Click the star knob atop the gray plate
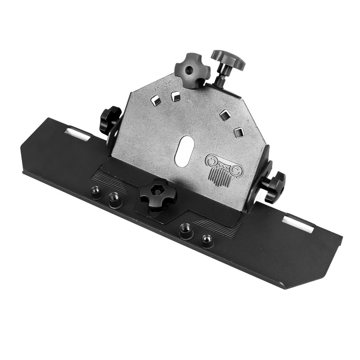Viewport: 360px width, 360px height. [x=192, y=70]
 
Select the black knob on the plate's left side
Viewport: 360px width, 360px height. [x=109, y=119]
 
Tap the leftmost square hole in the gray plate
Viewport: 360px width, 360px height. [x=156, y=100]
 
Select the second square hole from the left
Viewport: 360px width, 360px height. [x=176, y=96]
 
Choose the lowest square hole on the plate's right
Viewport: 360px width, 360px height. [x=239, y=132]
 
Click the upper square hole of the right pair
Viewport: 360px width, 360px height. [x=225, y=114]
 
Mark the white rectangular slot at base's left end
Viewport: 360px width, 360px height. [x=78, y=133]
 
